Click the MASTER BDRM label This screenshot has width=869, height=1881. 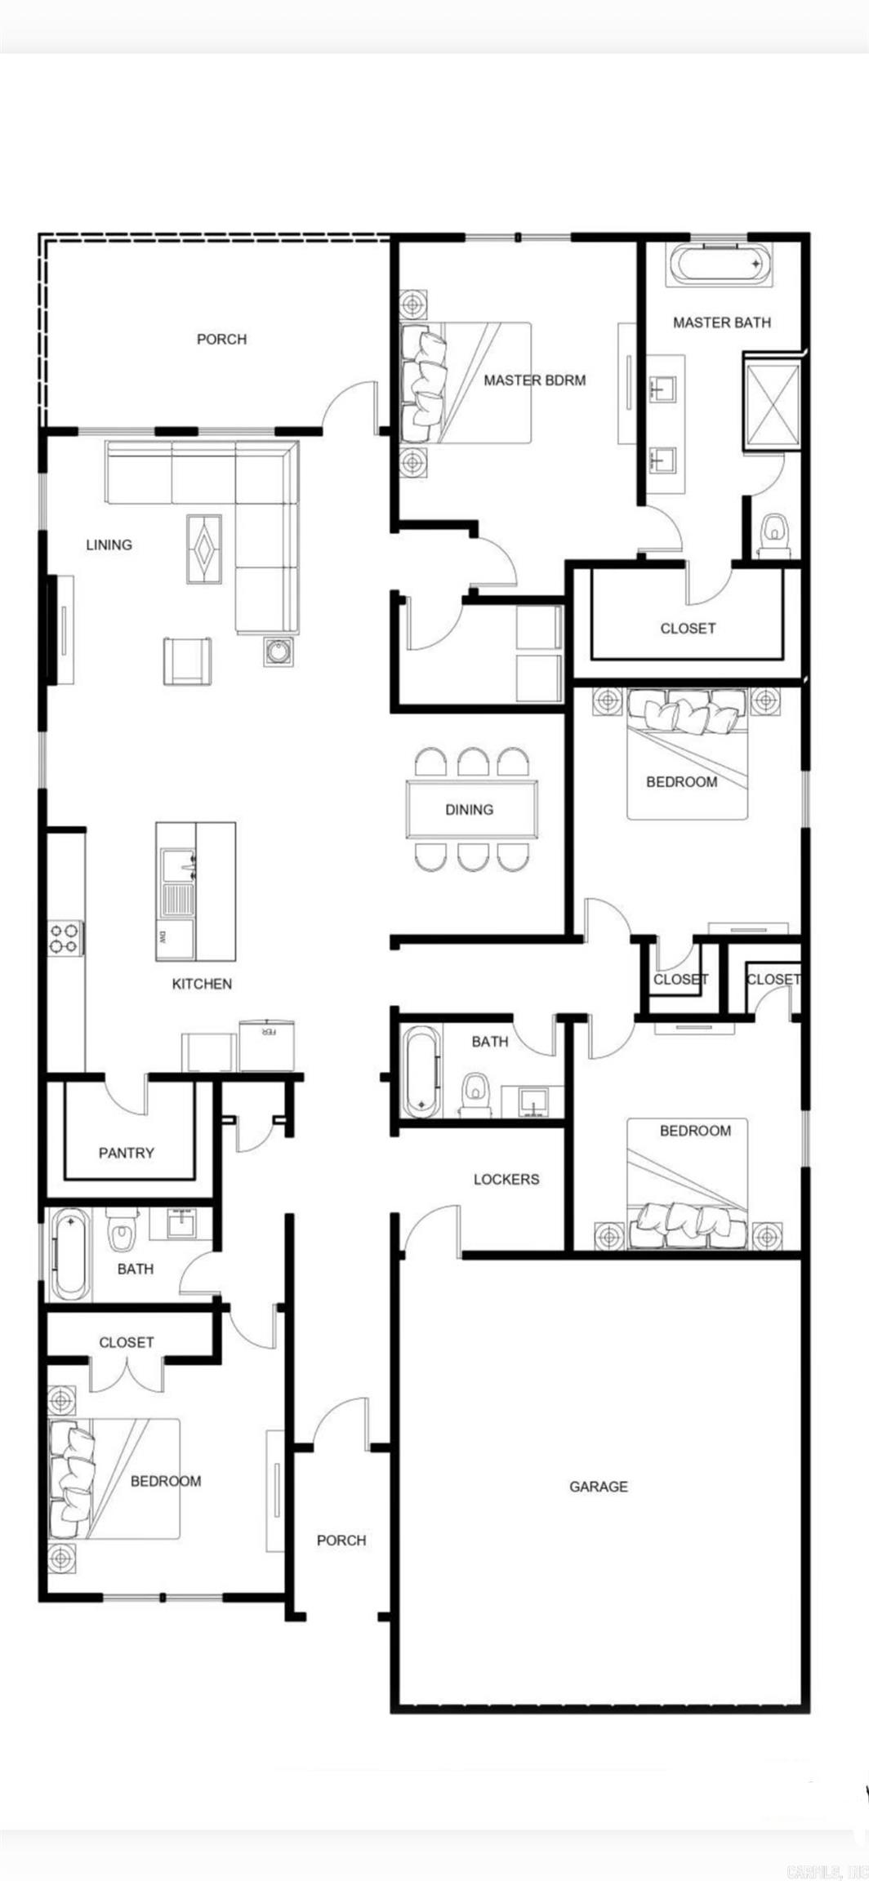[x=534, y=380]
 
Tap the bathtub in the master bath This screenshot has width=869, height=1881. [x=718, y=265]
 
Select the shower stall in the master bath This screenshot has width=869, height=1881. [x=771, y=402]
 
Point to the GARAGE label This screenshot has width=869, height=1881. [x=599, y=1487]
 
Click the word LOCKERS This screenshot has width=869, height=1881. [x=506, y=1179]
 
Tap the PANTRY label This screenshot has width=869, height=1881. [x=126, y=1153]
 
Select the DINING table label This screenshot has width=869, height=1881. [x=470, y=809]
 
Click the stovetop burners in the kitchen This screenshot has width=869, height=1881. [x=65, y=937]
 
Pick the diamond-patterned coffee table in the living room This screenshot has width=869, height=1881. [x=203, y=548]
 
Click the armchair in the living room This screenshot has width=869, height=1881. [x=187, y=660]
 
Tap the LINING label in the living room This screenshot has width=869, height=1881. [x=109, y=545]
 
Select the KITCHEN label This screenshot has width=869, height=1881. [x=202, y=984]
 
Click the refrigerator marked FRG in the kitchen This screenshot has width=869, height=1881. [x=267, y=1045]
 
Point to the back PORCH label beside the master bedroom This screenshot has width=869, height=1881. [x=221, y=339]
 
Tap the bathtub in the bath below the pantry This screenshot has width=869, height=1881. [x=70, y=1254]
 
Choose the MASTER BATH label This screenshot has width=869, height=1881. [x=722, y=322]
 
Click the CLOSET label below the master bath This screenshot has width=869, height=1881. [x=688, y=628]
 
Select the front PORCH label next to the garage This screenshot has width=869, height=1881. [x=341, y=1541]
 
